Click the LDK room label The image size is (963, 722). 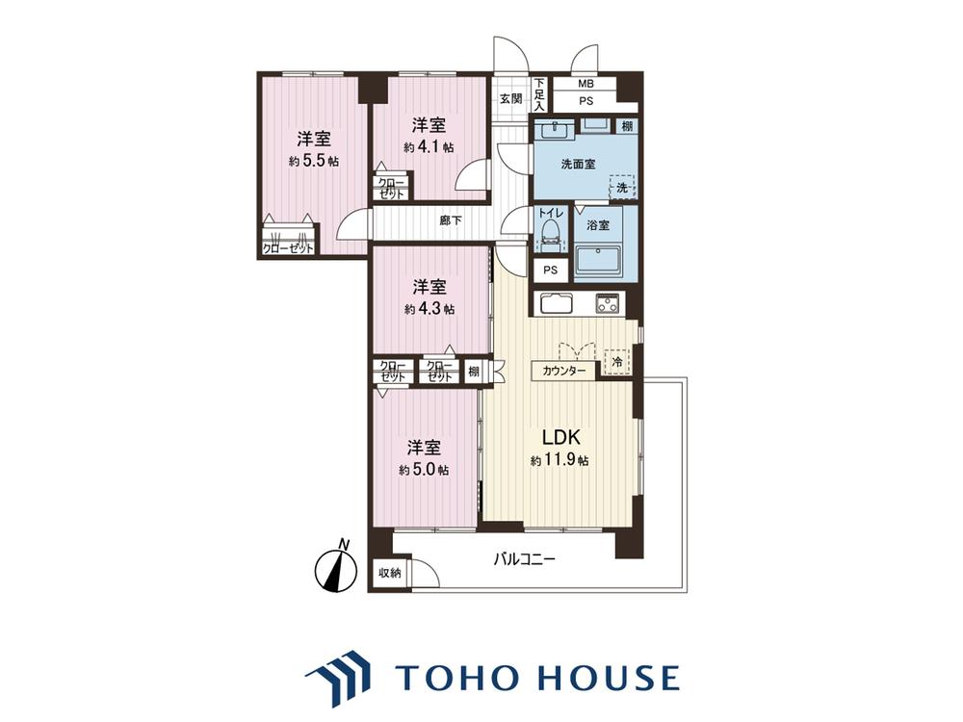560,437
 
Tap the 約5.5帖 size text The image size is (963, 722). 314,162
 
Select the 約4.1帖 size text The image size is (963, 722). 429,147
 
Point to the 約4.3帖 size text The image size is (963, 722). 429,309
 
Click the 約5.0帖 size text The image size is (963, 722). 423,470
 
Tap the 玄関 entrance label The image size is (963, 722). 510,98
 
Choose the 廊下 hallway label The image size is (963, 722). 451,219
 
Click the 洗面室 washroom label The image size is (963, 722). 579,165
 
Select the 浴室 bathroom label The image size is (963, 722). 598,225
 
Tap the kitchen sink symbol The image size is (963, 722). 557,304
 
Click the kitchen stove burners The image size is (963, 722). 609,303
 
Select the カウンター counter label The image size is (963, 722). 563,371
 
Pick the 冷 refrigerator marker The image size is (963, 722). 618,362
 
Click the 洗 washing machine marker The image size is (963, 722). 622,188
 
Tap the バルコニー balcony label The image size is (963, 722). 525,559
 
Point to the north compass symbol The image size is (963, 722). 336,568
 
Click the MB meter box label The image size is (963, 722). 586,84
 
